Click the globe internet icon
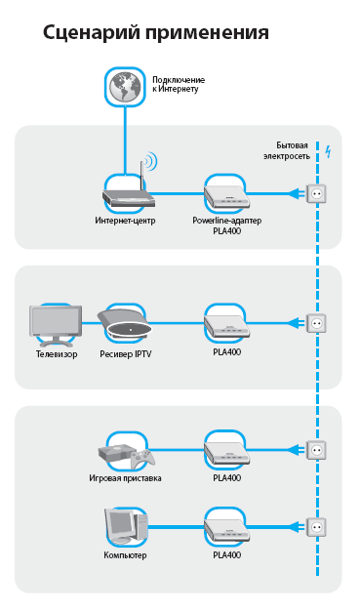(125, 87)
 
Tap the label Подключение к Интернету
(179, 84)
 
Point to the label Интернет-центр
(125, 221)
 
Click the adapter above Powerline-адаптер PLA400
(226, 196)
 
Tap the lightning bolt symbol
(329, 151)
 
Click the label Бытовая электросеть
(287, 150)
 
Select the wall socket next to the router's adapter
(316, 193)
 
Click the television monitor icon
(56, 325)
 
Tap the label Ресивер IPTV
(126, 354)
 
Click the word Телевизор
(57, 354)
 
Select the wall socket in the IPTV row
(316, 323)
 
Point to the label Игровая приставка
(125, 478)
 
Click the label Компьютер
(125, 555)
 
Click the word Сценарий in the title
(92, 32)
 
